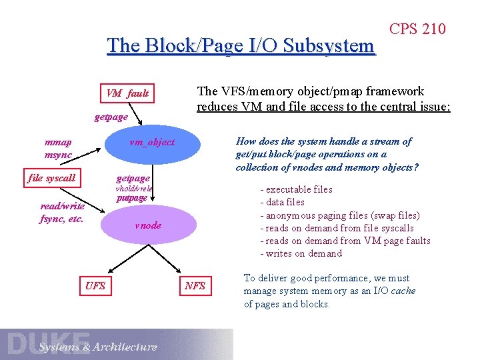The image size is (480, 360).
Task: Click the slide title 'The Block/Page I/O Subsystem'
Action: [241, 46]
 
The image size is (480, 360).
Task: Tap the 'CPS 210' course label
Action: [417, 29]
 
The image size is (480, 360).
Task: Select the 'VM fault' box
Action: [127, 93]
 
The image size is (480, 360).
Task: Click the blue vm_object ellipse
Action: [151, 142]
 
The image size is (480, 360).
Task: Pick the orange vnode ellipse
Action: [147, 225]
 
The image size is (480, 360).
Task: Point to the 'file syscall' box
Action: [51, 178]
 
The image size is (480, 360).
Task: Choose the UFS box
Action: [95, 286]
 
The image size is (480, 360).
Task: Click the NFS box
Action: [195, 286]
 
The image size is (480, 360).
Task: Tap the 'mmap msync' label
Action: [58, 148]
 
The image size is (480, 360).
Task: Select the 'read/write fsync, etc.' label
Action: [62, 212]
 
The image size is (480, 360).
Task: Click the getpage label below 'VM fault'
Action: [111, 117]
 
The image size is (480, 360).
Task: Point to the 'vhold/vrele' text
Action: [134, 189]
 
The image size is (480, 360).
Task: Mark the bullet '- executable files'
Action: [296, 189]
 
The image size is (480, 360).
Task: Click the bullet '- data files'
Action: [282, 202]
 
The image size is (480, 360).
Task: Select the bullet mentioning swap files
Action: [339, 215]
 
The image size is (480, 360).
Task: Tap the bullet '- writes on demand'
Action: [301, 253]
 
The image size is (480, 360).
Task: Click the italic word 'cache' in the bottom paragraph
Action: [403, 291]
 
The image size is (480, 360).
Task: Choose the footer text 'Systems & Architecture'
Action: [97, 347]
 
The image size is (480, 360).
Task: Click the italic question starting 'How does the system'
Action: [327, 154]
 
